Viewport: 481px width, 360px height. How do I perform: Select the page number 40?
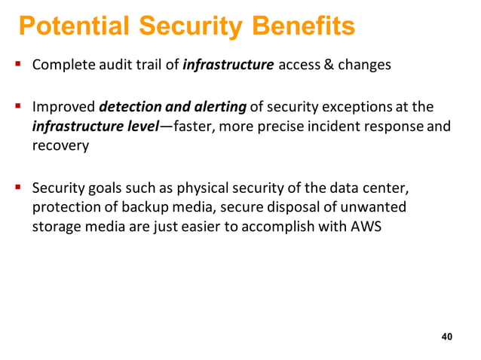[x=446, y=336]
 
